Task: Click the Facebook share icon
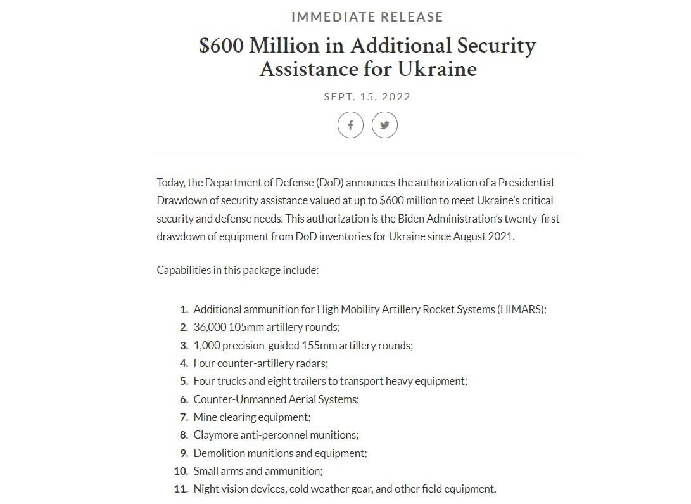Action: [x=350, y=125]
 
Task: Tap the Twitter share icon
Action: [x=384, y=125]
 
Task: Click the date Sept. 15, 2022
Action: [x=367, y=97]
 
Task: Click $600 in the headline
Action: [x=221, y=46]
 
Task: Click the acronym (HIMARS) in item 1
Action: [x=521, y=309]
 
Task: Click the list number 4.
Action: [x=184, y=363]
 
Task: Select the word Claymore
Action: [x=216, y=435]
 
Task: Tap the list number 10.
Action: [x=181, y=471]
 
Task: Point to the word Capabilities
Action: [x=183, y=270]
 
